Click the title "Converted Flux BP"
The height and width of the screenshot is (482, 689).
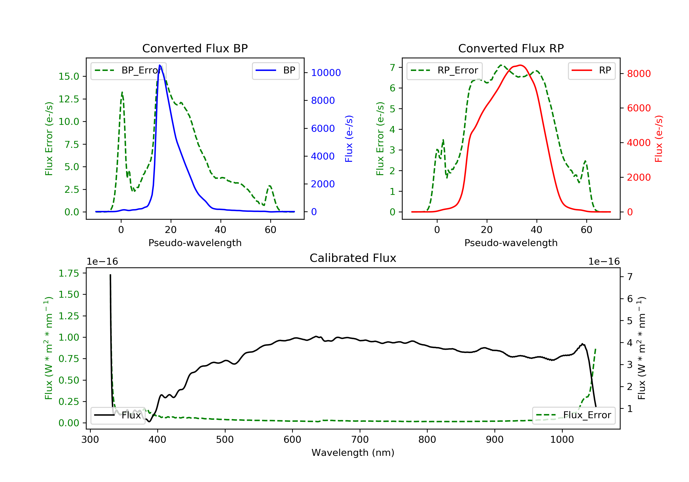(x=195, y=48)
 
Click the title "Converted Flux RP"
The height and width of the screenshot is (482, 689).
(x=511, y=48)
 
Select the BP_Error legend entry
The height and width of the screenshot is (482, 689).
(x=128, y=70)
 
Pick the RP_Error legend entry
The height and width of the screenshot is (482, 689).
(x=444, y=70)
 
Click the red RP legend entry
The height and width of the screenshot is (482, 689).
(x=591, y=70)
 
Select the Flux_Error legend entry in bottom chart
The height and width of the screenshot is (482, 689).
(x=573, y=415)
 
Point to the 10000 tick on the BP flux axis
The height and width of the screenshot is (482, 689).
(x=326, y=73)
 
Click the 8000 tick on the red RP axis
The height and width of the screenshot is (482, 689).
(x=638, y=73)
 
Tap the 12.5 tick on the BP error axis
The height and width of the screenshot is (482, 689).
(x=68, y=99)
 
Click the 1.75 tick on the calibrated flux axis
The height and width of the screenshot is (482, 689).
(x=68, y=273)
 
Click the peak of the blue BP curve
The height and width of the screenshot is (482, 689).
(x=160, y=65)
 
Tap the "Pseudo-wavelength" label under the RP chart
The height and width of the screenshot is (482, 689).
(x=511, y=243)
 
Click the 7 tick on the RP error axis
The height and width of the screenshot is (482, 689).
(x=392, y=67)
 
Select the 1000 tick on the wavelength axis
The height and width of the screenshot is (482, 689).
(x=562, y=440)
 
